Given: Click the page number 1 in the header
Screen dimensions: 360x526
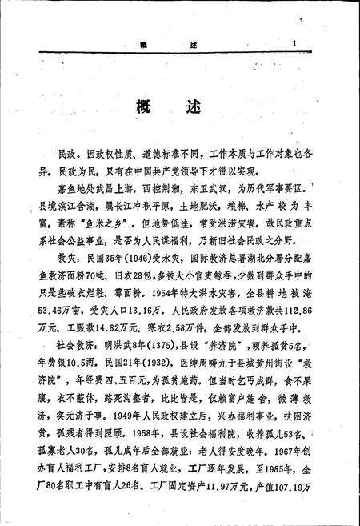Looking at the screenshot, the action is (x=294, y=44).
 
